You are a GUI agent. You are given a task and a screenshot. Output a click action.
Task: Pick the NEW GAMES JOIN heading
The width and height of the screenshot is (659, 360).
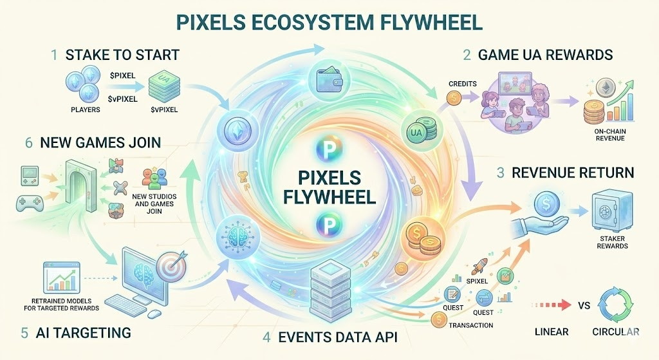coord(98,142)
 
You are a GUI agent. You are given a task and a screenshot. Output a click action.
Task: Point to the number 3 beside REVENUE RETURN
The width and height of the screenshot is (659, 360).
coord(499,173)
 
